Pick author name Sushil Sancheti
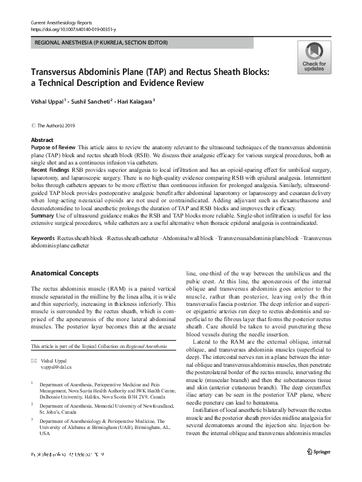point(92,101)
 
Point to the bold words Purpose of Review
point(53,147)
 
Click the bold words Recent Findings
point(52,169)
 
